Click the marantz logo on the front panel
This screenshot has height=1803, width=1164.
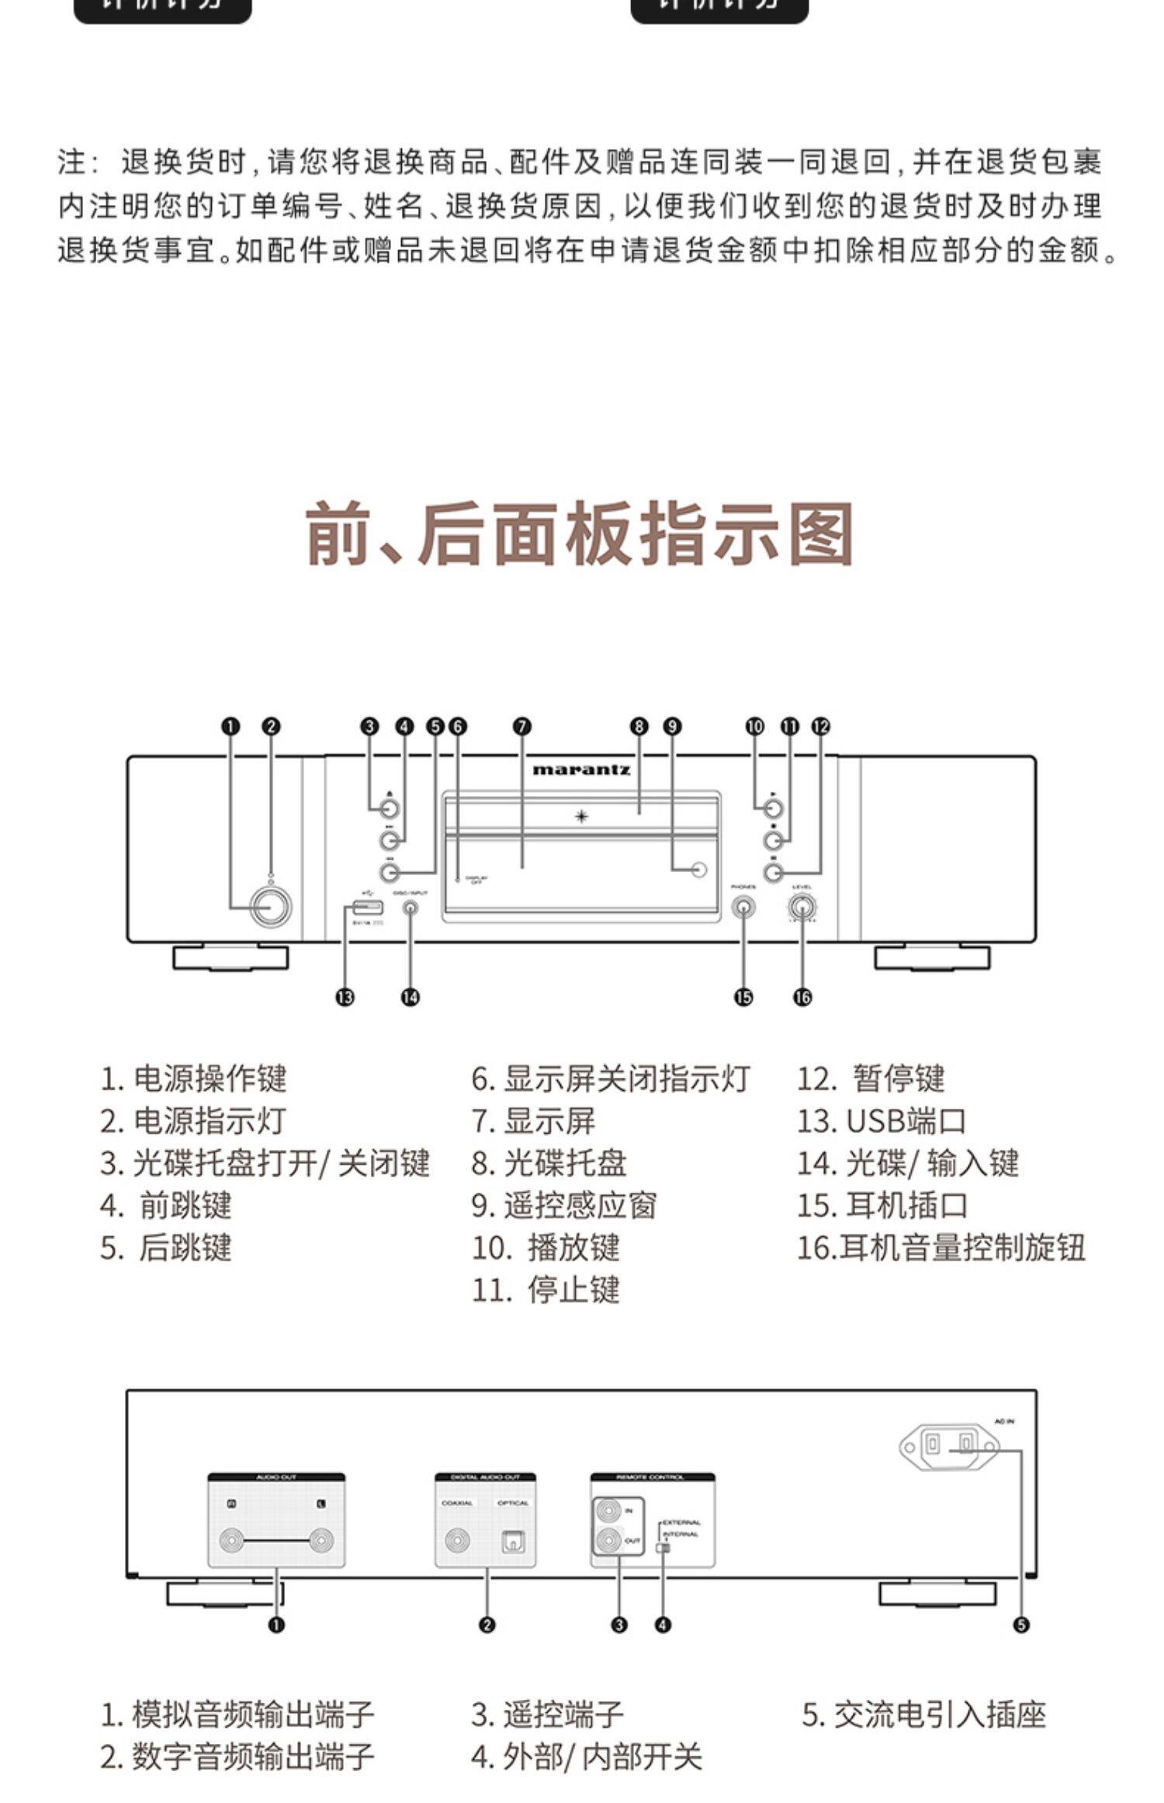click(580, 769)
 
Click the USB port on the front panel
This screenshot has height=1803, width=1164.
click(368, 906)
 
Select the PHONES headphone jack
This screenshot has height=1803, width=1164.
click(743, 906)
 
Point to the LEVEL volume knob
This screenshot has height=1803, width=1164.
click(802, 906)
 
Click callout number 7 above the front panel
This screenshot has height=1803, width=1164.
click(522, 727)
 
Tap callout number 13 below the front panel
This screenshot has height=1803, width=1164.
click(345, 997)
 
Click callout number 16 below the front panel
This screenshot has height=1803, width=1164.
click(802, 997)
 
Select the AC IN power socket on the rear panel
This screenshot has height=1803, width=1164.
click(948, 1444)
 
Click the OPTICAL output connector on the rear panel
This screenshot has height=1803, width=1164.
click(513, 1541)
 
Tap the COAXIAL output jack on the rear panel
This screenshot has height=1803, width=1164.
click(456, 1541)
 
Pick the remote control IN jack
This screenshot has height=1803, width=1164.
click(608, 1511)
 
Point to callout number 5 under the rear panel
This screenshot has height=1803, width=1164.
click(1021, 1625)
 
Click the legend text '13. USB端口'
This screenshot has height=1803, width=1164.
click(882, 1121)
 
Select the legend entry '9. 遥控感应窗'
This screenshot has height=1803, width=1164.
click(564, 1206)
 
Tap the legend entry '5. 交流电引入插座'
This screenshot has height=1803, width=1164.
click(923, 1736)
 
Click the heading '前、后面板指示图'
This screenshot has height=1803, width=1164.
click(580, 534)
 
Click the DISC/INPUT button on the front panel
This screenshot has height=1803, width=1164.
click(411, 907)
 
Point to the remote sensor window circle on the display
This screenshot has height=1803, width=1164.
click(699, 869)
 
